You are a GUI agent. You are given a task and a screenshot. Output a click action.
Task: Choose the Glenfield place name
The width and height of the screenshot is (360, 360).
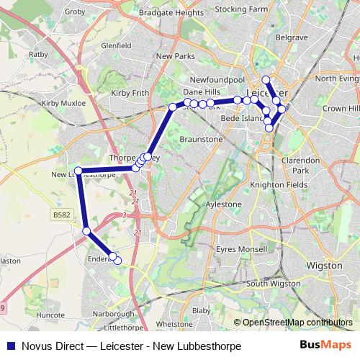[117, 45]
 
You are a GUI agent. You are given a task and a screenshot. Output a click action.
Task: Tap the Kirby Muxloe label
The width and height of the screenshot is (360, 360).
[64, 104]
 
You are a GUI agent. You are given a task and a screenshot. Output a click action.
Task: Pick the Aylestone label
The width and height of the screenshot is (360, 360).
[224, 204]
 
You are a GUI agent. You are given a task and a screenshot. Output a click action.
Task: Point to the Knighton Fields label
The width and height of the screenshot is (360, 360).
[274, 185]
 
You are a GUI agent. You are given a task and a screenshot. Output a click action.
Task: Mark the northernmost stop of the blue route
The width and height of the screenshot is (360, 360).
[266, 80]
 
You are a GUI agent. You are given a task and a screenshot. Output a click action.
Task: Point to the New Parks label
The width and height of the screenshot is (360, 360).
[175, 55]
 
